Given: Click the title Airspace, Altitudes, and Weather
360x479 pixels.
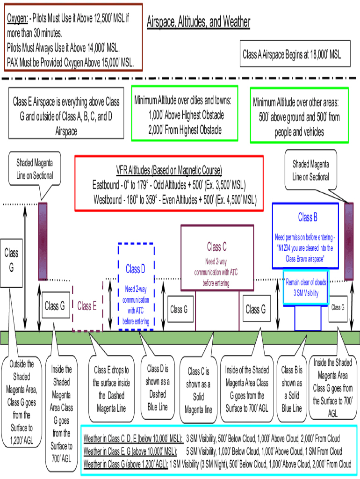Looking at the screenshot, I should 198,22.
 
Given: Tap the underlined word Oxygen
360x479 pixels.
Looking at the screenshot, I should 17,19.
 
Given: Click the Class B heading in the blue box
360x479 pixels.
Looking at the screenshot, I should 308,218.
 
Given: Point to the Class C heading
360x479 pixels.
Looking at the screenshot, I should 217,247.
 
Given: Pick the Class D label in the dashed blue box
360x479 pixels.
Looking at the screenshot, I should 136,269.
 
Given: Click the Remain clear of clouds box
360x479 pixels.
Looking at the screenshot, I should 306,288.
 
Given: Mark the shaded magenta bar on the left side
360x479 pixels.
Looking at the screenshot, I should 43,241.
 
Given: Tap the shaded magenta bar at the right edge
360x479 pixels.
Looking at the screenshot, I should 349,241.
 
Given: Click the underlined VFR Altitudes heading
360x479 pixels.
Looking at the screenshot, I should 169,169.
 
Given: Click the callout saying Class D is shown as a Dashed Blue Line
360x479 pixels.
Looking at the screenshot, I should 158,387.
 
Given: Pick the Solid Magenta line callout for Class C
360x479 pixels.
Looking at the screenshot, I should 198,391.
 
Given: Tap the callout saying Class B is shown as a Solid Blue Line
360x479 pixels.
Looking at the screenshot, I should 292,389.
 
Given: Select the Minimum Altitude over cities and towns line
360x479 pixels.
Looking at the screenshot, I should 183,101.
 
